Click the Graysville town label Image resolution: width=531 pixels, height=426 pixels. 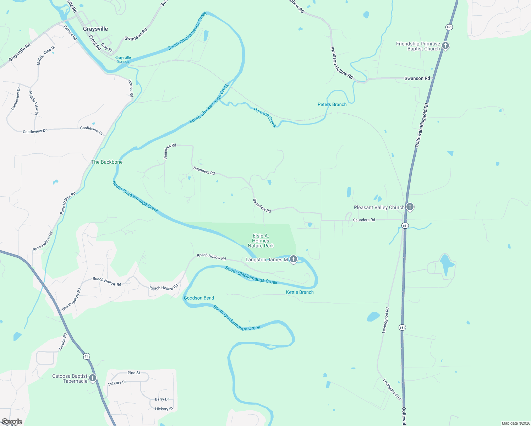95,29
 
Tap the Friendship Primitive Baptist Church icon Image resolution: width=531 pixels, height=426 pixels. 445,45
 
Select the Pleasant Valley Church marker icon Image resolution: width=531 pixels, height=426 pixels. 410,207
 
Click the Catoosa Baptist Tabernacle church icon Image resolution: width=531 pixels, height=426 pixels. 93,378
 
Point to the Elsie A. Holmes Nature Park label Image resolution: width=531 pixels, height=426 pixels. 261,241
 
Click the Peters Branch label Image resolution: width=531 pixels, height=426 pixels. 332,104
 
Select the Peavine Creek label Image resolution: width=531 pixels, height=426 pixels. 265,118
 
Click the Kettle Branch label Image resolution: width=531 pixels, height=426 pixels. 300,292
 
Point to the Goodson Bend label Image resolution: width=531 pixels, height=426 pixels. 199,298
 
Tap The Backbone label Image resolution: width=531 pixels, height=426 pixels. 107,162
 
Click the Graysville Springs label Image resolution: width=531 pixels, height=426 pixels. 123,59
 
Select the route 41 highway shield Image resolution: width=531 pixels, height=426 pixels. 87,356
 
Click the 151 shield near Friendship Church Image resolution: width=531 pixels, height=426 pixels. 449,27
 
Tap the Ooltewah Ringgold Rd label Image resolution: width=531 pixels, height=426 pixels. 422,125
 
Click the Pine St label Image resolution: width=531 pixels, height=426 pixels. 134,373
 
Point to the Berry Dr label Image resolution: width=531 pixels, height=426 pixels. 162,399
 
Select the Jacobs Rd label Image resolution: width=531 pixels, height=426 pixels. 62,342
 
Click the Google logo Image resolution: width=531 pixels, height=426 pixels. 12,422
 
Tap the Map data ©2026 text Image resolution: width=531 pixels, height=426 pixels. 514,423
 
